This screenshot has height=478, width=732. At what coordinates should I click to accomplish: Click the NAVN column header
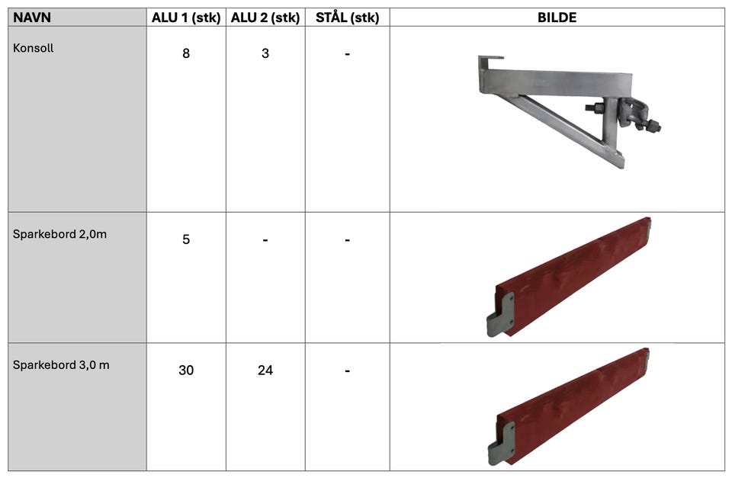coord(32,18)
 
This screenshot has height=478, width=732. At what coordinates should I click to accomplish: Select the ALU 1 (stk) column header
coord(186,18)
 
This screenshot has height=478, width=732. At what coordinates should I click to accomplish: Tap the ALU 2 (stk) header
coord(265,18)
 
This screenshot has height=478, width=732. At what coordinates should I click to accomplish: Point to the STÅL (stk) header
coord(348,18)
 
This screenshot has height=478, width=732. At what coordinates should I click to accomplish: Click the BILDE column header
coord(557,18)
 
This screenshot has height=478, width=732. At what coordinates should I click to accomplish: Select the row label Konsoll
coord(33,48)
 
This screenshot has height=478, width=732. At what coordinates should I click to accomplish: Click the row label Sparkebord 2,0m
coord(59,234)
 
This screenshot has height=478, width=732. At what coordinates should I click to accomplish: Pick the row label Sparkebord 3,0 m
coord(61,365)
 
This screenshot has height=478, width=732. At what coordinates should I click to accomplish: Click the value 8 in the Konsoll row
coord(186,53)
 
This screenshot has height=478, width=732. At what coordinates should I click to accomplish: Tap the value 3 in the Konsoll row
coord(265,53)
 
